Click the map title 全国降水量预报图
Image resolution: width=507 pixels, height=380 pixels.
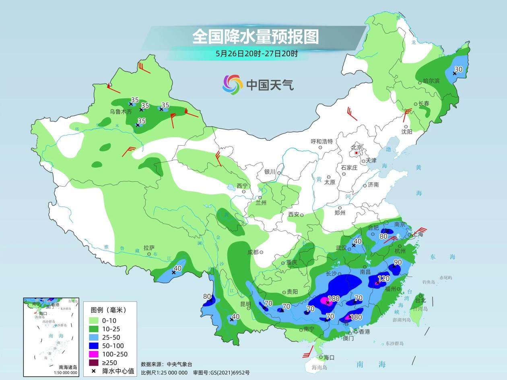point(255,37)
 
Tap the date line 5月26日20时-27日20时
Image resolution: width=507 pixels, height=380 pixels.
point(256,53)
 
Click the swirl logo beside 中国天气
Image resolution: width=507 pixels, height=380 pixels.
point(233,84)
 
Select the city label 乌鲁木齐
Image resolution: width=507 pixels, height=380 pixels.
point(121,112)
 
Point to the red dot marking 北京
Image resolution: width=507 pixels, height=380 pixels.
point(356,153)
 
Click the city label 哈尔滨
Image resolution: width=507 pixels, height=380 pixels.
point(431,81)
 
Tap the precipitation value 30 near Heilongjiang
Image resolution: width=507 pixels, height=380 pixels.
point(458,69)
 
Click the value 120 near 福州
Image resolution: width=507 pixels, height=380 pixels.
point(384,278)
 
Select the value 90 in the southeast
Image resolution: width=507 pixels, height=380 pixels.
point(398,263)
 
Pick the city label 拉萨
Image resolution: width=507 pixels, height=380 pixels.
point(149,248)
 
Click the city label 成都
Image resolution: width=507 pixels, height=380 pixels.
point(252,252)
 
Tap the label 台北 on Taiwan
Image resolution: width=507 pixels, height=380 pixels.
point(420,300)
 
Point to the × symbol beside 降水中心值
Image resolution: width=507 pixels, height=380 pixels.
point(94,371)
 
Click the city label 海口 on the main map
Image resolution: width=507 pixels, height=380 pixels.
point(329,357)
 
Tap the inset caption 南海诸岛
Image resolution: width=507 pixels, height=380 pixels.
point(68,367)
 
